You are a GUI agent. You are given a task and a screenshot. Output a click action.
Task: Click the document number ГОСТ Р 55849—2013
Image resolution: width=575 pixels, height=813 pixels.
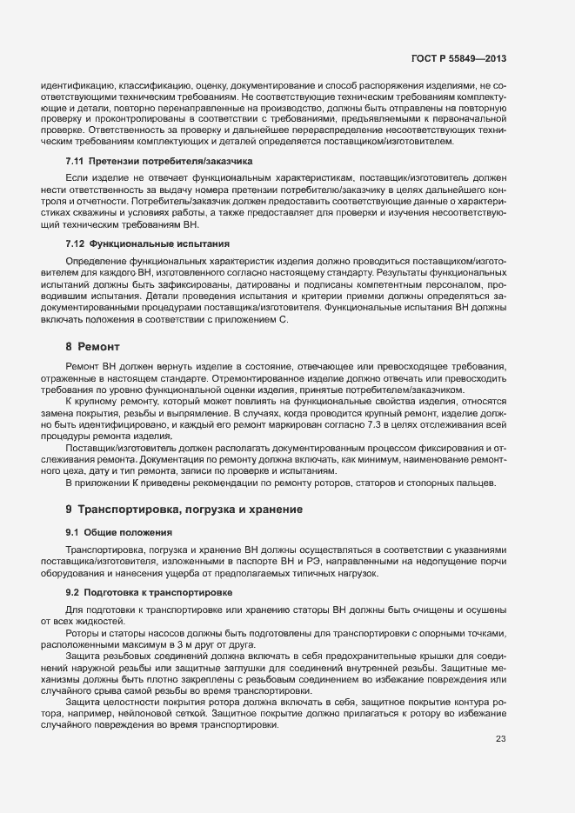(x=458, y=59)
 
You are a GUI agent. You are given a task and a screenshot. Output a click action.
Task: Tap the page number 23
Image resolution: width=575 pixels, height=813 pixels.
(x=500, y=739)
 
